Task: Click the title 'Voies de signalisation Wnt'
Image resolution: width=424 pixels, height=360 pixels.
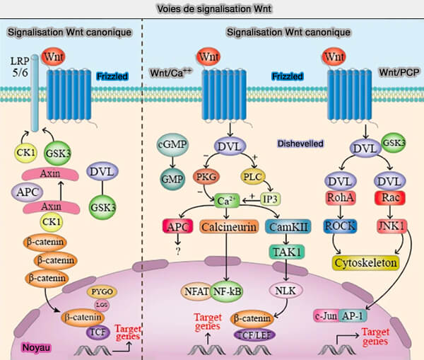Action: point(211,8)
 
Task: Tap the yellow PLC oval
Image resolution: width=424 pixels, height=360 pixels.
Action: point(252,175)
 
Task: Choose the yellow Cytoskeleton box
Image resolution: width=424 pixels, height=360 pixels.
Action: point(364,262)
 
